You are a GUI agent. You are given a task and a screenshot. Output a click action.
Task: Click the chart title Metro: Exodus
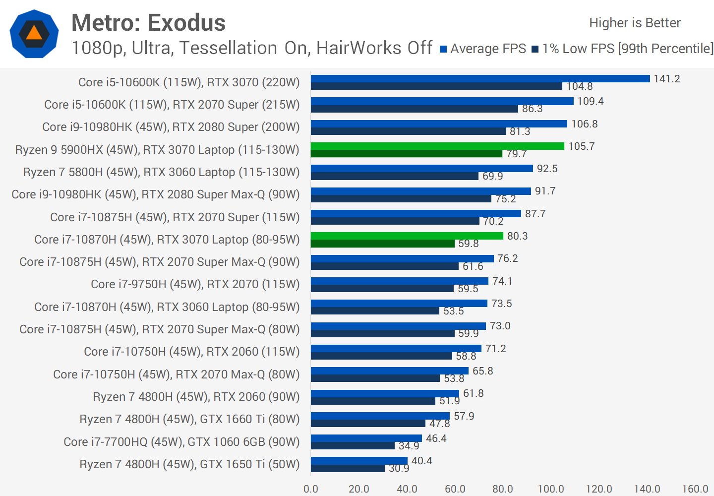[148, 23]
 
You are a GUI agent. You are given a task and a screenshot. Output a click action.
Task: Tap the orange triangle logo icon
[34, 34]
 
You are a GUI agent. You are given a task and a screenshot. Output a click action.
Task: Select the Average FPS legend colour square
[443, 49]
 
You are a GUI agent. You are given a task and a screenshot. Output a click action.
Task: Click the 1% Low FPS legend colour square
[535, 49]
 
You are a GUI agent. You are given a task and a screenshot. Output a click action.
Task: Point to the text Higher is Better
[635, 23]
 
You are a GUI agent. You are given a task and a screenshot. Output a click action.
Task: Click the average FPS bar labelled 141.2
[480, 78]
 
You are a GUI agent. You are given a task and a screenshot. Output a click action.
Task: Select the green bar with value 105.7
[437, 146]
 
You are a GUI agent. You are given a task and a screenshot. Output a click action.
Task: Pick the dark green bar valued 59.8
[382, 244]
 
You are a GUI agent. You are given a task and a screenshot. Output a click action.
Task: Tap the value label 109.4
[590, 101]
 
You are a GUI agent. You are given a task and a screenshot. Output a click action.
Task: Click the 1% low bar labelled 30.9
[348, 468]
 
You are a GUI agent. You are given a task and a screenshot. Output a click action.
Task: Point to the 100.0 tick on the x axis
[551, 489]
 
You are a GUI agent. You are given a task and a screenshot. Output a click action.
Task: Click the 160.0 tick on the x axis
[695, 489]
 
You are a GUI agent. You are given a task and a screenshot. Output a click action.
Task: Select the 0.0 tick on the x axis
[311, 489]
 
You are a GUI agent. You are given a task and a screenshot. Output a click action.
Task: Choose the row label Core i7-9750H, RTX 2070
[195, 284]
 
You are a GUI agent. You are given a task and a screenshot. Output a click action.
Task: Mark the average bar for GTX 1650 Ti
[359, 461]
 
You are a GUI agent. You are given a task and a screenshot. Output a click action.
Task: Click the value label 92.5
[547, 169]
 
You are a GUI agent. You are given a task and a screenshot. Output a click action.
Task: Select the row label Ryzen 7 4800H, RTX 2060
[196, 397]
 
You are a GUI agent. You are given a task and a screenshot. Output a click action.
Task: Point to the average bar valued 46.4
[366, 438]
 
